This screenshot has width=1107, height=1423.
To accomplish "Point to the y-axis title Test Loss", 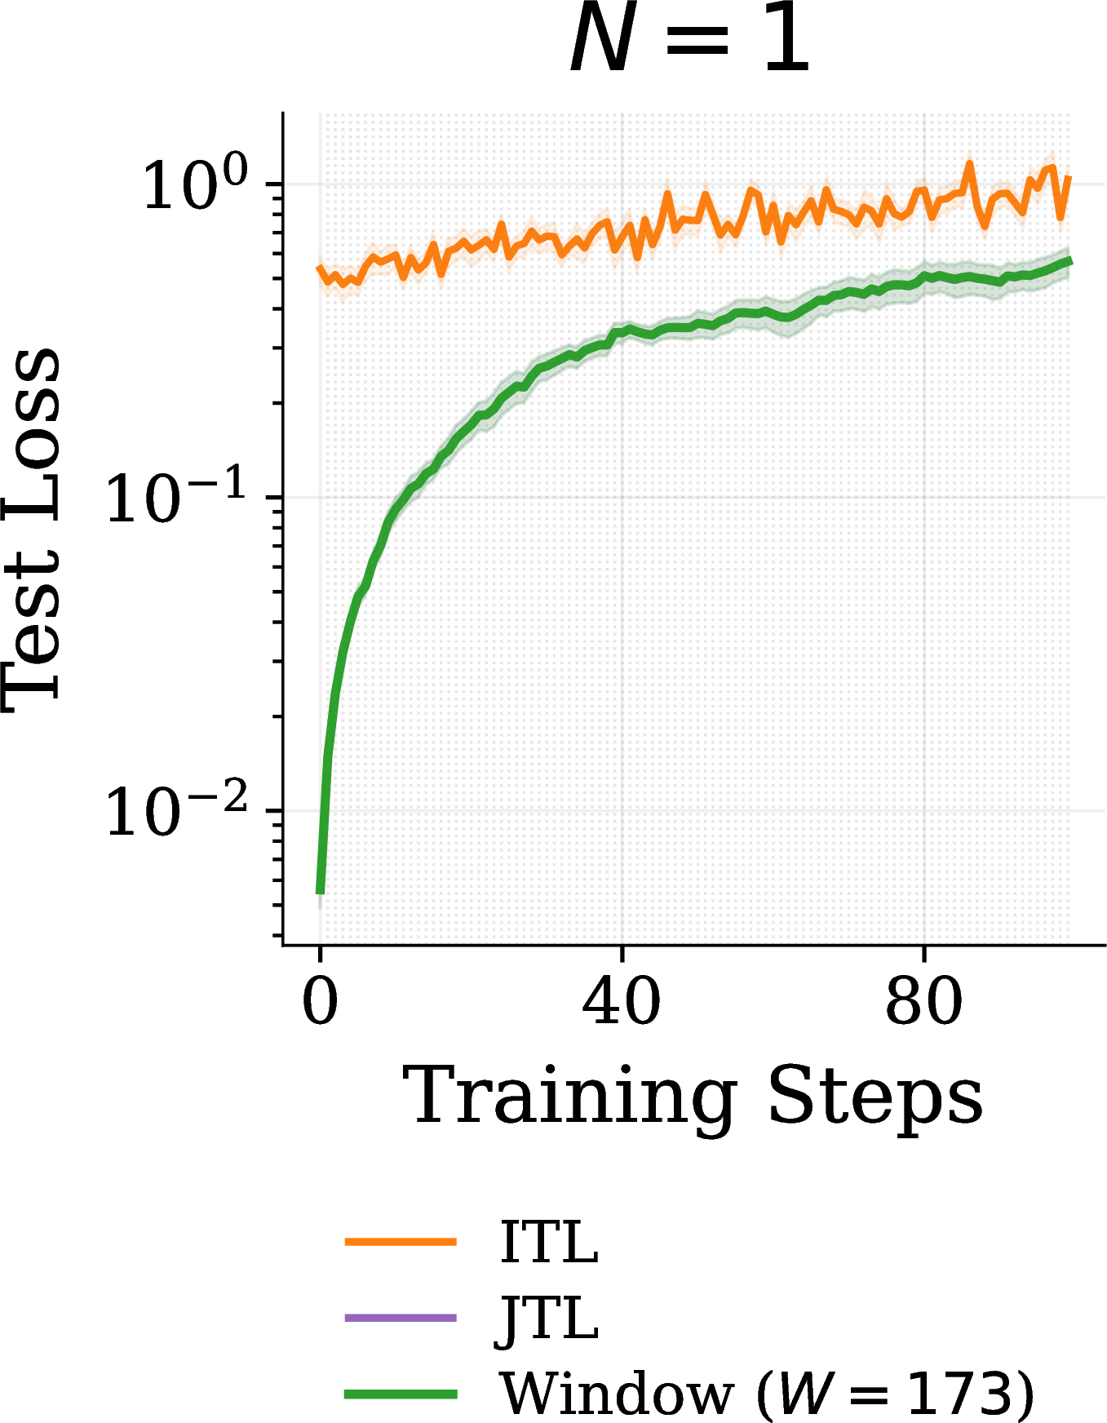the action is (33, 530).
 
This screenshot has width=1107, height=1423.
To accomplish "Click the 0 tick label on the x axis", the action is (320, 1002).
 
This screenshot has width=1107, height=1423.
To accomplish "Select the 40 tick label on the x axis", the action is (622, 1002).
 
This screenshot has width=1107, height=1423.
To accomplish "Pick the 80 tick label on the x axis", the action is (923, 1002).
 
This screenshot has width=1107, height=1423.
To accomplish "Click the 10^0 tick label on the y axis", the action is (196, 183).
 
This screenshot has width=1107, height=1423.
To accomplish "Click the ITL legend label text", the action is (550, 1242).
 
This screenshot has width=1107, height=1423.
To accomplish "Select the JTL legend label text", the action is (548, 1319).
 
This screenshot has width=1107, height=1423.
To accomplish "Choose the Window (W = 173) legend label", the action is (768, 1394).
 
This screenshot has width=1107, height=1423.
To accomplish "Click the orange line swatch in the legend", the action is (401, 1242).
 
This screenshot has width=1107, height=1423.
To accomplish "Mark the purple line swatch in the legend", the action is (401, 1318).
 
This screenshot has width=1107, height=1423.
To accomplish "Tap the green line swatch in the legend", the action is (401, 1394).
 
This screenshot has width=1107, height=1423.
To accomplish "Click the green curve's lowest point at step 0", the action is (320, 892).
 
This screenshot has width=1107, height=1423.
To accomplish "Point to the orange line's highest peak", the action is (969, 163).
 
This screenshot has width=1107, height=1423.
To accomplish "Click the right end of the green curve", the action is (1069, 260).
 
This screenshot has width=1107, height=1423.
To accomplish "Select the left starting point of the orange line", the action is (319, 268).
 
